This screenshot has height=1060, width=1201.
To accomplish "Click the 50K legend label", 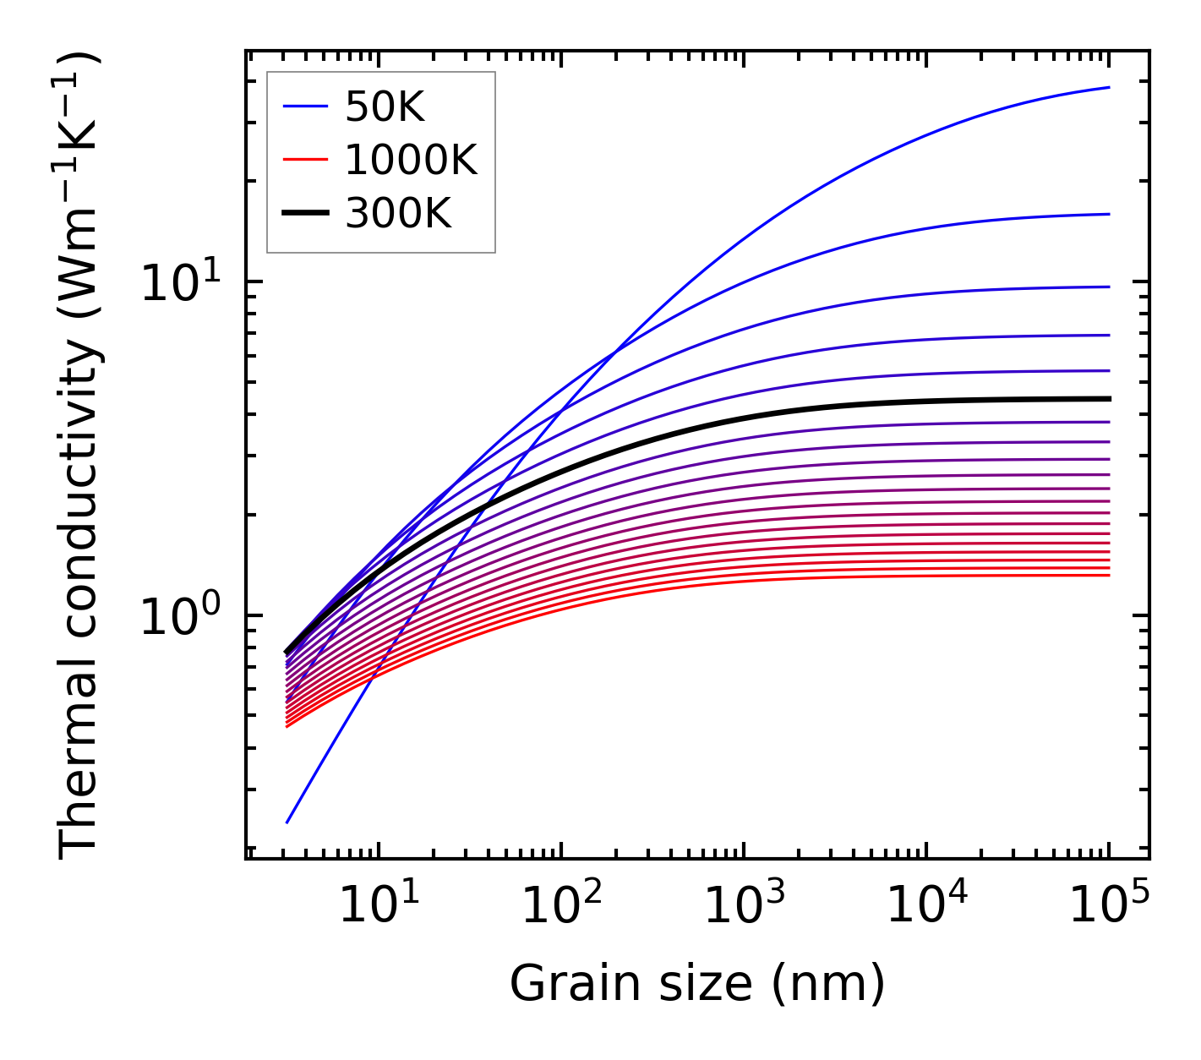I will pos(384,107).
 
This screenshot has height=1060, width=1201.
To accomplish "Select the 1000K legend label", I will pos(411,160).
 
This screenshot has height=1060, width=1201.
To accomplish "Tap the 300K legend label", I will pos(398,214).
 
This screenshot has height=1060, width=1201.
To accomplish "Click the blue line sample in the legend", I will pos(304,107).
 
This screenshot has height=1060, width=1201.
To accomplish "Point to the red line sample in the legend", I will pos(304,160).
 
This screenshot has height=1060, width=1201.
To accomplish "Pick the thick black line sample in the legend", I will pos(304,214).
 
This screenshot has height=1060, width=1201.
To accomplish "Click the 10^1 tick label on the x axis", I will pos(378,906).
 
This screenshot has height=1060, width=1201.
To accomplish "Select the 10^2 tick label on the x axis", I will pos(560,906).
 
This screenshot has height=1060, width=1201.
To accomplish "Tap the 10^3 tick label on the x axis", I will pos(743,906).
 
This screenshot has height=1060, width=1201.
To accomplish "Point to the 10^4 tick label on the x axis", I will pos(925,906).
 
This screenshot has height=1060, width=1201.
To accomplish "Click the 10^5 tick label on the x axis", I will pos(1108,906).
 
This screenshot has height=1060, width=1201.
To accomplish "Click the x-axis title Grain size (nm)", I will pos(697,984).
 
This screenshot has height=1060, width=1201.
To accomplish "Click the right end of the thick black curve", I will pos(1108,399).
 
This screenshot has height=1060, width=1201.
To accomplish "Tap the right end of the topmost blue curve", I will pos(1108,87).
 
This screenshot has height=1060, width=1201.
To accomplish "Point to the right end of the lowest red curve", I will pos(1108,576).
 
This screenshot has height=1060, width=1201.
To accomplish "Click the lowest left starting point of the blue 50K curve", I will pos(287,822).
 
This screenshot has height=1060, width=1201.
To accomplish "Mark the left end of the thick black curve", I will pos(287,653).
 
